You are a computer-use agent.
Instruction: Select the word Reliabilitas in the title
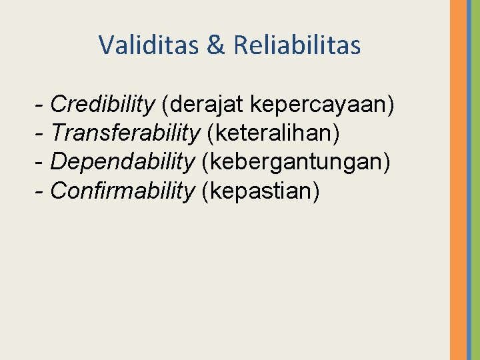coord(297,45)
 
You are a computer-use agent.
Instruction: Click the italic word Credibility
coord(102,105)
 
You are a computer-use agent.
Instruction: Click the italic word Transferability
coord(125,133)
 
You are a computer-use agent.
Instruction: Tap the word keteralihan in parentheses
coord(273,133)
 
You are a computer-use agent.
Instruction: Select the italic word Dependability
coord(123,162)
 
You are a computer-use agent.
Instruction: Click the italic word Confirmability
coord(122,191)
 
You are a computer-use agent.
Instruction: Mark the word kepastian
coord(263,191)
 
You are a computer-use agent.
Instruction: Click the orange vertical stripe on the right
coord(458,180)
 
